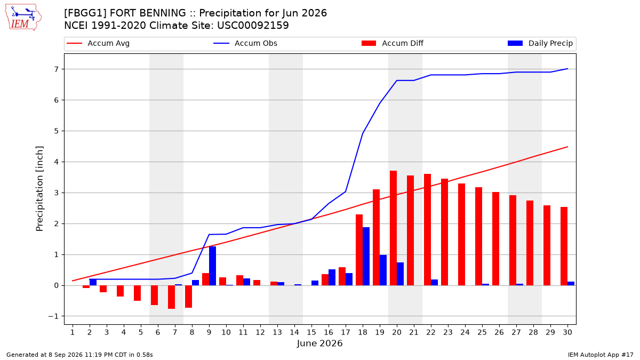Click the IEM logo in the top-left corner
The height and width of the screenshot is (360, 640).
[23, 18]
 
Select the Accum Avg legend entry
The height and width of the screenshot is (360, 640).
[98, 43]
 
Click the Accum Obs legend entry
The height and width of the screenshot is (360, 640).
[245, 43]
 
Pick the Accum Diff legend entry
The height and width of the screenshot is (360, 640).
[393, 43]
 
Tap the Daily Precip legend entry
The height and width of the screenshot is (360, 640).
[540, 43]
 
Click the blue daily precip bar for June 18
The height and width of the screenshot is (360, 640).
[366, 257]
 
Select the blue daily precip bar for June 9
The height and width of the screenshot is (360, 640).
[212, 266]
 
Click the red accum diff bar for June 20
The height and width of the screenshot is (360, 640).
[394, 228]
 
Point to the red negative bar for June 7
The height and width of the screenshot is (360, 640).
[171, 297]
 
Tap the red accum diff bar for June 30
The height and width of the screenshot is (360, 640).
[564, 246]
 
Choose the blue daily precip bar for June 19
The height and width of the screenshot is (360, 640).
[383, 270]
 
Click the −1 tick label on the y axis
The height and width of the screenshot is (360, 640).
[53, 316]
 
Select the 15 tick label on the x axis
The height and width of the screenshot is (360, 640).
[311, 333]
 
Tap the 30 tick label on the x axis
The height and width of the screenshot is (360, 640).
[567, 333]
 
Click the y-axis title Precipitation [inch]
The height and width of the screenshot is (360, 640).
[39, 189]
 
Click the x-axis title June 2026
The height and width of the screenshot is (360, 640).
[319, 343]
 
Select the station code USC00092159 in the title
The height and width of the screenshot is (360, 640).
[253, 26]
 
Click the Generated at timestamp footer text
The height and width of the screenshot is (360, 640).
[79, 355]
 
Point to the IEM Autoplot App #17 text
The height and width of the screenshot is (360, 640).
[601, 355]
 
